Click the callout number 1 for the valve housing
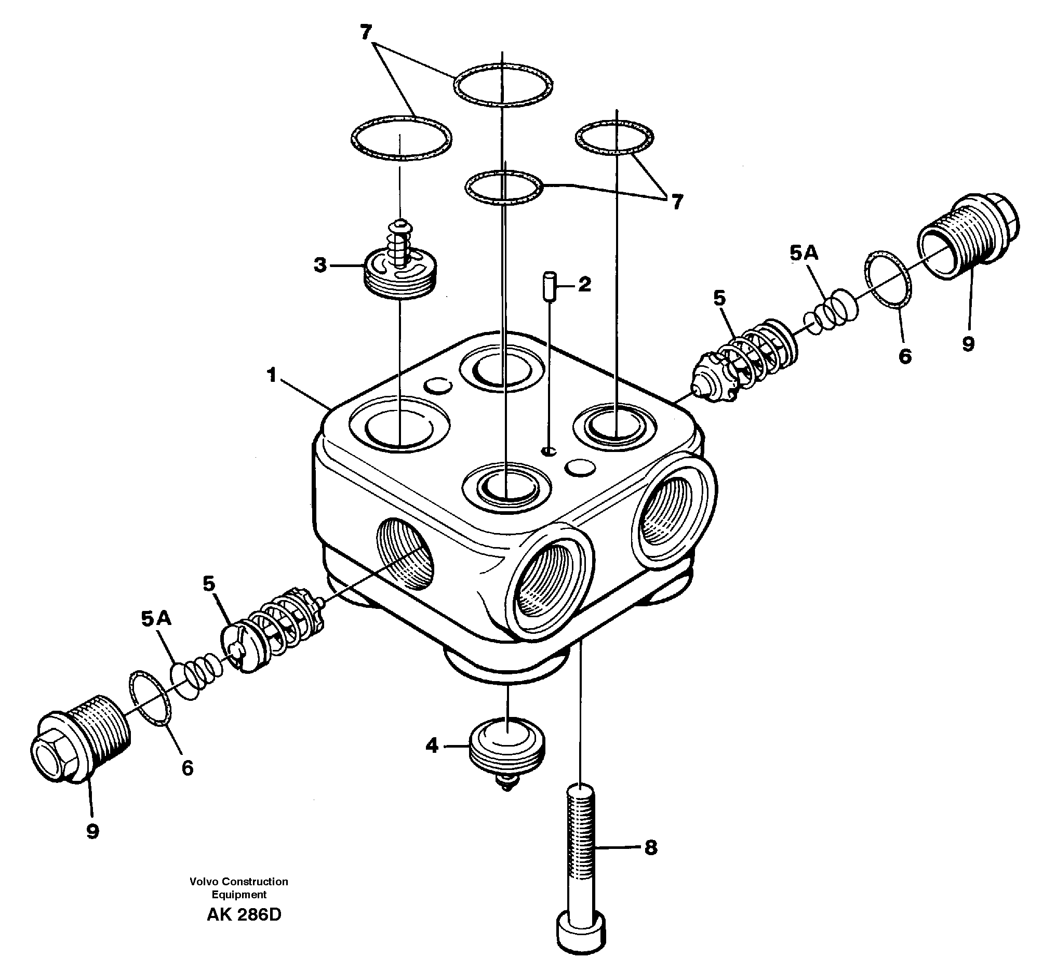click(271, 375)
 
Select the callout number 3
click(320, 265)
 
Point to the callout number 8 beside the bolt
click(650, 847)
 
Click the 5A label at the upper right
click(804, 254)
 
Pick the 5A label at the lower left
click(156, 619)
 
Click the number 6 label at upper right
click(905, 357)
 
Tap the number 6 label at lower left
click(188, 768)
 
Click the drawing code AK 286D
click(244, 914)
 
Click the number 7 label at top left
click(366, 33)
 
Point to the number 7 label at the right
click(677, 202)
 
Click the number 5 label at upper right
click(719, 298)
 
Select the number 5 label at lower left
click(209, 583)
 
